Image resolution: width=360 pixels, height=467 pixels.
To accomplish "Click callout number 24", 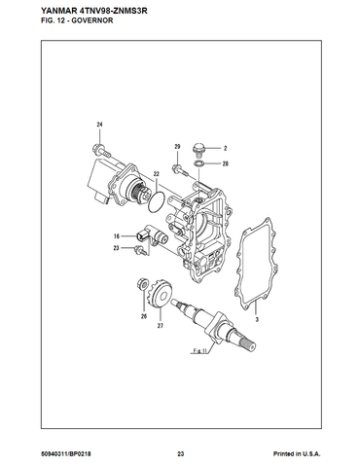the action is (x=99, y=125).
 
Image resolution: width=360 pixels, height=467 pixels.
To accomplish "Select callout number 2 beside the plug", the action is (x=225, y=149).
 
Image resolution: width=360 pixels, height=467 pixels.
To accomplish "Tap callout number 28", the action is (x=226, y=163).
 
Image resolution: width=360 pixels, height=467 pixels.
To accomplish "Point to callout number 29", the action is (x=177, y=147).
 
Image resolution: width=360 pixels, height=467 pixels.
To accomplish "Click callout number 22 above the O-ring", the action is (x=157, y=174).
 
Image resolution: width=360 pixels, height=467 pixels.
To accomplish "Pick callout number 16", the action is (x=117, y=236).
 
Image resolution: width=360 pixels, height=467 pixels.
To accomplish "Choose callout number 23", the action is (x=116, y=248).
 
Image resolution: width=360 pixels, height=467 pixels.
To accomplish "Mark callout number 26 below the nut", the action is (x=144, y=316).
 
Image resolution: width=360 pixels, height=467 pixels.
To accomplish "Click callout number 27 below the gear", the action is (x=161, y=326).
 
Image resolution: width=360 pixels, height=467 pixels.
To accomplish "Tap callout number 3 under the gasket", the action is (x=257, y=320).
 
